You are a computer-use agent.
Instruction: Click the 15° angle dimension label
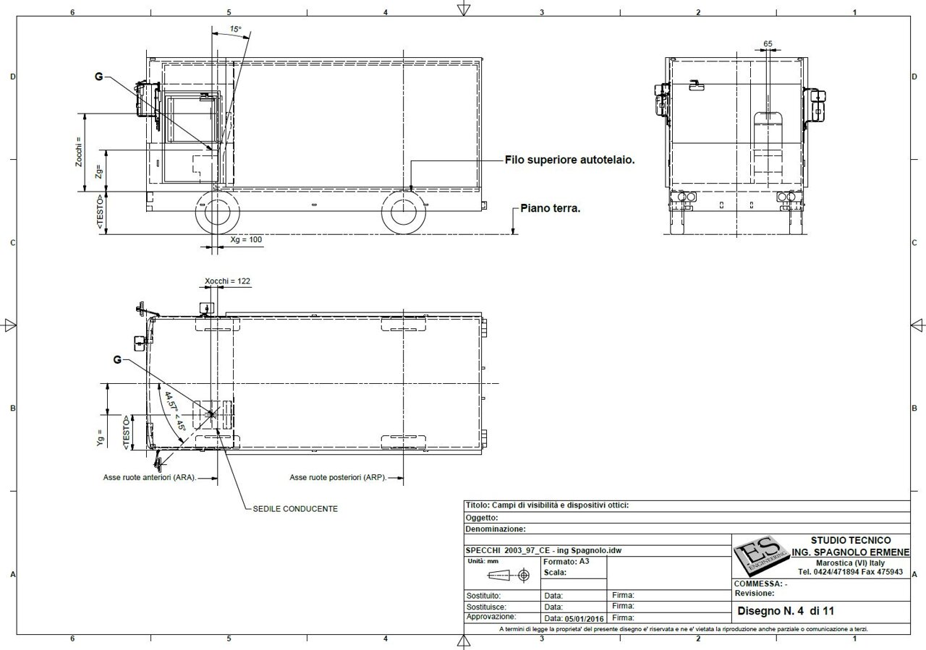(x=235, y=30)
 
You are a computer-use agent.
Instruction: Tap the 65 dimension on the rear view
(x=768, y=43)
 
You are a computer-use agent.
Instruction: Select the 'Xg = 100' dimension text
(x=246, y=239)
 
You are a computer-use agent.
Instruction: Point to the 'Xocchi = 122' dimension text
(x=227, y=281)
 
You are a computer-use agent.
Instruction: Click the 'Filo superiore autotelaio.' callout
(x=569, y=160)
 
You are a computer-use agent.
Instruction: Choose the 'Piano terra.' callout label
(x=551, y=208)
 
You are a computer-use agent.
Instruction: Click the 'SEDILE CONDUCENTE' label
(x=295, y=509)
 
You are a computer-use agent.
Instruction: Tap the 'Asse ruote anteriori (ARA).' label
(x=150, y=477)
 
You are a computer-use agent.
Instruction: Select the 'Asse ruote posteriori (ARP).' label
(x=338, y=477)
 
